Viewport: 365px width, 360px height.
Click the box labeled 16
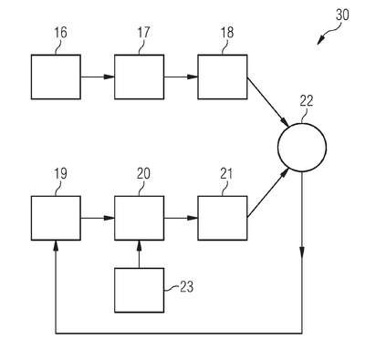56,77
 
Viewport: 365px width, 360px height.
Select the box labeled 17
140,77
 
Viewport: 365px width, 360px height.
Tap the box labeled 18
223,77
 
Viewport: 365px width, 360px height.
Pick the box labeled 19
56,218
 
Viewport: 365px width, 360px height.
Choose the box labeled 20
140,218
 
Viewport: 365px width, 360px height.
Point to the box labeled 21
223,218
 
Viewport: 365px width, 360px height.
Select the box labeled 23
140,290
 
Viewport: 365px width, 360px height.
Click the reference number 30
342,15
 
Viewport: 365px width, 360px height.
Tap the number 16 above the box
60,33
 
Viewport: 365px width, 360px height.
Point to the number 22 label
307,101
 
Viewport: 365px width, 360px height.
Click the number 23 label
186,286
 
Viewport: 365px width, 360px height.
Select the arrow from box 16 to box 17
98,77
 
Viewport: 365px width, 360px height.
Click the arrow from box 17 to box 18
181,77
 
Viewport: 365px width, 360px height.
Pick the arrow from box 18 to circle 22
267,102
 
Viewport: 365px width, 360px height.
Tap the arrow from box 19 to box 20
98,218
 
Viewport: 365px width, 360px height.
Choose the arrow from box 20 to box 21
181,218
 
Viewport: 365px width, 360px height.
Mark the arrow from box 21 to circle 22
267,193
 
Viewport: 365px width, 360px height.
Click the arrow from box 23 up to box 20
140,254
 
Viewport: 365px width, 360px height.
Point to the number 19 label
60,174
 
